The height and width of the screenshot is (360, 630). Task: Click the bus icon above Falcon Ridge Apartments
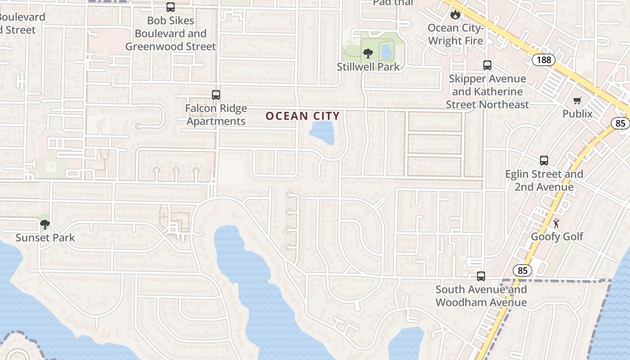[x=216, y=95]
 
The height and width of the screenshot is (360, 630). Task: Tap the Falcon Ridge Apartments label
[x=216, y=115]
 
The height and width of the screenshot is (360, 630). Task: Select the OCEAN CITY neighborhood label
[x=302, y=116]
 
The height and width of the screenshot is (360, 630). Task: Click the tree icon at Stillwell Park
[x=368, y=54]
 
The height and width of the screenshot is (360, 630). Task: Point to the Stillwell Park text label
[x=368, y=67]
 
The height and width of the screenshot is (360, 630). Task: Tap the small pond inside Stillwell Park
[x=387, y=52]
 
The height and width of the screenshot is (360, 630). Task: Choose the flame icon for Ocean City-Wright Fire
[x=455, y=15]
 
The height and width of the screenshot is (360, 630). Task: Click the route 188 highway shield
[x=544, y=60]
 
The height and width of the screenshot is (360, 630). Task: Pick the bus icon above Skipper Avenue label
[x=487, y=65]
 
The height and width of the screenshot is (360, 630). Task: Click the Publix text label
[x=577, y=113]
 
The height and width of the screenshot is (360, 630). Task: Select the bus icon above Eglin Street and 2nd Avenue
[x=544, y=161]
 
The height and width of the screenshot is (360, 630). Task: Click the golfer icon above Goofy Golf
[x=557, y=223]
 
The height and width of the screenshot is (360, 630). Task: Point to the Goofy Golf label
[x=557, y=236]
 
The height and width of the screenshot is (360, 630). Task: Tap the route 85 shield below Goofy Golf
[x=522, y=270]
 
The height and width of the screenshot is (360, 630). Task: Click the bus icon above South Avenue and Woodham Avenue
[x=481, y=276]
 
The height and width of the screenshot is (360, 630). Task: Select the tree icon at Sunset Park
[x=45, y=224]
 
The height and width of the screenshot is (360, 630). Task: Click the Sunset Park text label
[x=45, y=238]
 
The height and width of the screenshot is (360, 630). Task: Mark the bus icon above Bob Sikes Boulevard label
[x=170, y=7]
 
